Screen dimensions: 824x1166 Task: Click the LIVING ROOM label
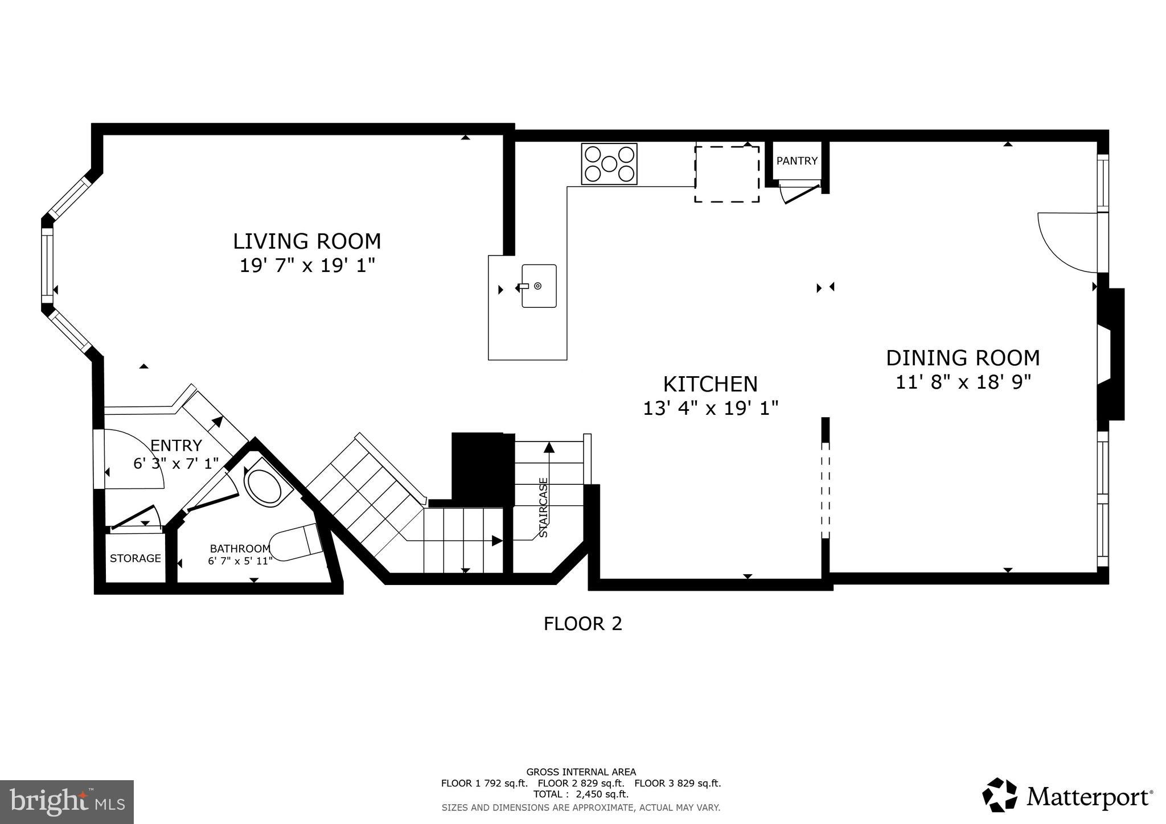pos(307,241)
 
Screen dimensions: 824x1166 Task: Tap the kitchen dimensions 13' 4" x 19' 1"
pos(711,408)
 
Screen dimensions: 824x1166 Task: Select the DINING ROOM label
pos(963,358)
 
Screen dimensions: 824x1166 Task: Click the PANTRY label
pos(797,161)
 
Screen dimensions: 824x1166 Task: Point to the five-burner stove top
pos(609,164)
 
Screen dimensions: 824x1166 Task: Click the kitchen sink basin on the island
pos(539,286)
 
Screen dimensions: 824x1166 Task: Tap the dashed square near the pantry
pos(726,174)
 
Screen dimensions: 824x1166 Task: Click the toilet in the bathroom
pos(296,541)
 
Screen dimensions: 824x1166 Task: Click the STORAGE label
pos(135,558)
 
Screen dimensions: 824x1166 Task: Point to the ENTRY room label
pos(176,445)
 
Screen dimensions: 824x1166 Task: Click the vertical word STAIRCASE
pos(544,508)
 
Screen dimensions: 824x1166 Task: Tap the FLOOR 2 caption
pos(582,624)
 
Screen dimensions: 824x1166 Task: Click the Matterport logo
pos(1068,796)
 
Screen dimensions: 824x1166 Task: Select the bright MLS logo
pos(67,802)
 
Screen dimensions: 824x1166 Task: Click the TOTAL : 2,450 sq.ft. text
pos(581,794)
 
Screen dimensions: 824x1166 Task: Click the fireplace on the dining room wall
pos(1110,354)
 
